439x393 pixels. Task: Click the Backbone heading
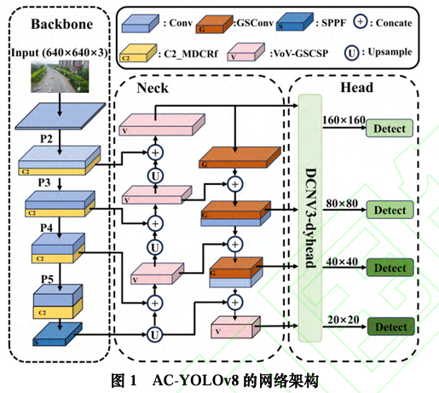[x=62, y=24]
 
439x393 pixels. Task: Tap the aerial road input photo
[x=60, y=77]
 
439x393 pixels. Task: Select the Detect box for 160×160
[x=390, y=129]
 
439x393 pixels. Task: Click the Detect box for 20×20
[x=391, y=327]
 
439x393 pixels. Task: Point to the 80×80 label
[x=342, y=204]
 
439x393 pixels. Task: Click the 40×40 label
[x=342, y=262]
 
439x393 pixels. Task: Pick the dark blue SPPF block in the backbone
[x=57, y=334]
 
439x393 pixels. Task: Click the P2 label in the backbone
[x=46, y=139]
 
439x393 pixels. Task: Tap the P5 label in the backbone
[x=47, y=279]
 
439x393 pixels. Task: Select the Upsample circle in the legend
[x=351, y=53]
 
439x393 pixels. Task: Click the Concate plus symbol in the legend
[x=361, y=22]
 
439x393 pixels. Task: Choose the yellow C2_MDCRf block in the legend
[x=138, y=53]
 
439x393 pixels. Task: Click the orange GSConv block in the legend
[x=215, y=25]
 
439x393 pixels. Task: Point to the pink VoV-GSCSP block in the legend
[x=246, y=52]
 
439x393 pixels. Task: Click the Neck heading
[x=153, y=88]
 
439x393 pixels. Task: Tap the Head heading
[x=357, y=87]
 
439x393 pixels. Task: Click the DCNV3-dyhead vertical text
[x=310, y=218]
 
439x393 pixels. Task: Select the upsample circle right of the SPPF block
[x=154, y=334]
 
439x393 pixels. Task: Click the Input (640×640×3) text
[x=60, y=53]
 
